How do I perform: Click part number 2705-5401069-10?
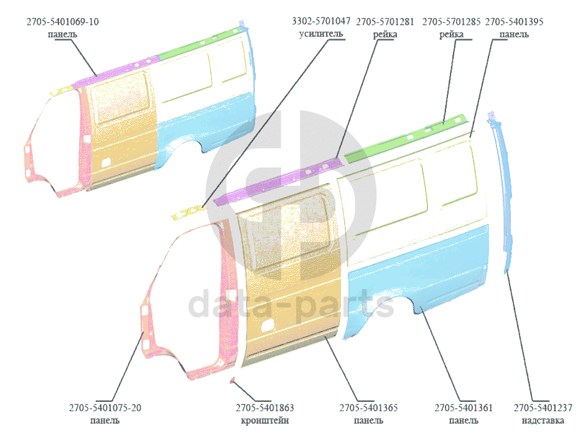pos(62,22)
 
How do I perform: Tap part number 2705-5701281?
pos(385,22)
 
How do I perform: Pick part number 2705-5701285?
pos(451,22)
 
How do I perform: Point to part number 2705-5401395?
pos(514,22)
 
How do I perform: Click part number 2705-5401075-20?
pos(105,408)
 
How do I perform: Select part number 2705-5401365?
pos(368,408)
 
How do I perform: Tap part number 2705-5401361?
pos(464,408)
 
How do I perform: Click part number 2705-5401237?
pos(543,408)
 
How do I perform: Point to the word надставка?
pos(543,421)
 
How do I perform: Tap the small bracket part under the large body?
pos(233,381)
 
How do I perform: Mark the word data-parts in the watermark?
pos(291,305)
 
